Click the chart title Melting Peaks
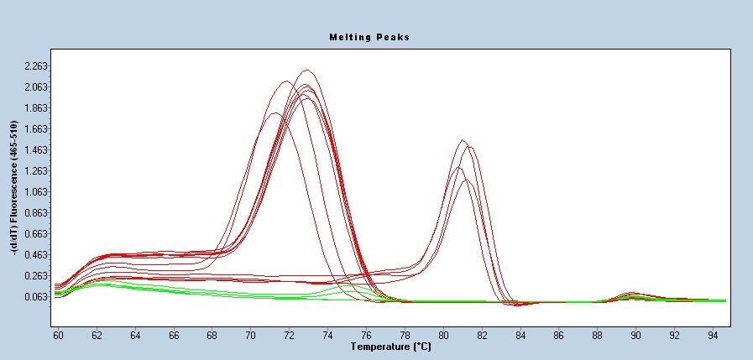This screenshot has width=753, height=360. pos(369,37)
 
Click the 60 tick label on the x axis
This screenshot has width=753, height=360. pos(58,335)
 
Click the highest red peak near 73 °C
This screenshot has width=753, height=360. pos(306,70)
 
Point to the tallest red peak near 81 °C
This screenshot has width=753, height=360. pos(463,141)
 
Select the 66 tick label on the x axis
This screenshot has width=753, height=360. pos(174,335)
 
